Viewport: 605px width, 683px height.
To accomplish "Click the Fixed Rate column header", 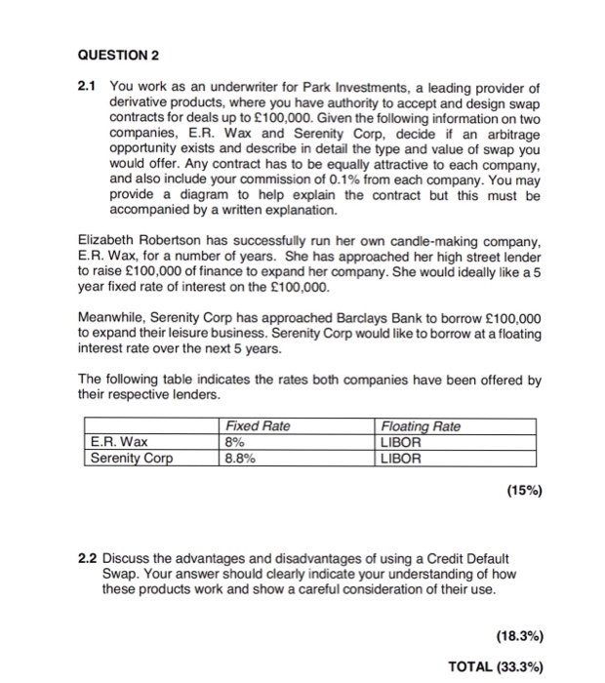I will [258, 426].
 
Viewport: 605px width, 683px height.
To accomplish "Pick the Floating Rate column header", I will [421, 426].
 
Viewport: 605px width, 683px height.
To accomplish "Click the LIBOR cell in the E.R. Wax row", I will [401, 441].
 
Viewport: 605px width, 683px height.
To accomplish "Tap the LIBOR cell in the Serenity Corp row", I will [401, 456].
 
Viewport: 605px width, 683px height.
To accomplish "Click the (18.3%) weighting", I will [514, 635].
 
